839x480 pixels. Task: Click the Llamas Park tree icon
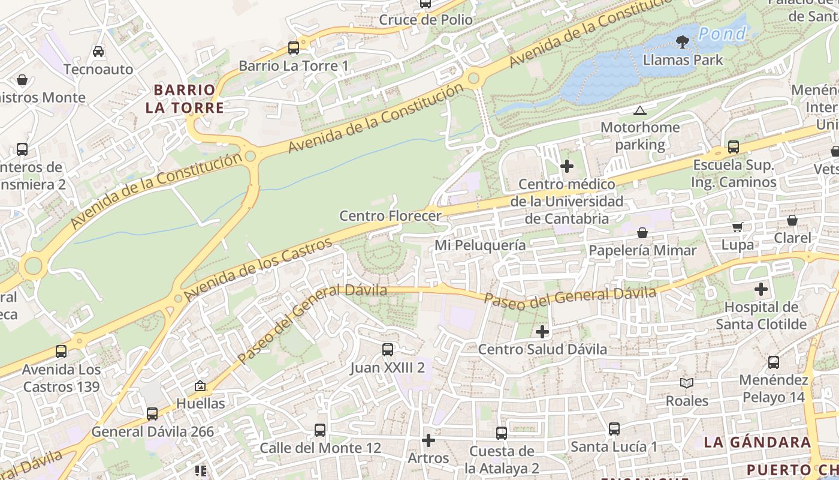click(682, 41)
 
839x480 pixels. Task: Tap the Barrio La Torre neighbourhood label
click(184, 99)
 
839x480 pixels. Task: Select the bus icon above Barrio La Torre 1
click(294, 47)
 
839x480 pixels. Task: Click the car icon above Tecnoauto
click(98, 52)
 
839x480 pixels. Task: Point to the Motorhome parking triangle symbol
click(640, 110)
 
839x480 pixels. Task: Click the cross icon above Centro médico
click(567, 166)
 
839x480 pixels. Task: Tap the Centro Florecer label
click(390, 215)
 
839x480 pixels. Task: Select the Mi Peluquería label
click(480, 245)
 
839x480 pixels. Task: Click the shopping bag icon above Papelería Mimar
click(642, 232)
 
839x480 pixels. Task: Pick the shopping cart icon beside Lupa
click(738, 227)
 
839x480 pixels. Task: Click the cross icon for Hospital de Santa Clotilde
click(761, 289)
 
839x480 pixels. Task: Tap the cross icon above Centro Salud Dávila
click(542, 331)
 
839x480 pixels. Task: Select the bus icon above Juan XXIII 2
click(388, 349)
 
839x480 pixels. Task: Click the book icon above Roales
click(687, 383)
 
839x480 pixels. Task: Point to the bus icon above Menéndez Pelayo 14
click(774, 362)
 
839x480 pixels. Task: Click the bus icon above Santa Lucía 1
click(614, 429)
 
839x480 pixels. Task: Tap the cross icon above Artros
click(428, 441)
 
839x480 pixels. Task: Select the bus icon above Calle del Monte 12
click(320, 430)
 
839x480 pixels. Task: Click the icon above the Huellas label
click(200, 386)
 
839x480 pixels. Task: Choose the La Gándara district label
click(757, 442)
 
